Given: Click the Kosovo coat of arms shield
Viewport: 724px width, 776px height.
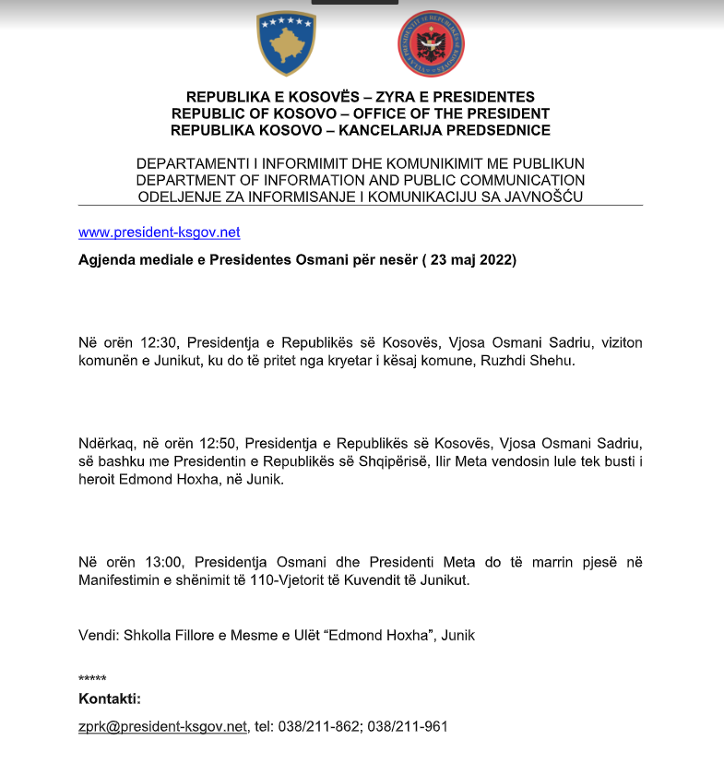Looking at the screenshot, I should point(286,44).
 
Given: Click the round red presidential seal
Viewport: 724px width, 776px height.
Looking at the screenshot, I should point(431,44).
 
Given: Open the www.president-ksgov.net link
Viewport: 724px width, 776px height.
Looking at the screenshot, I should point(159,233).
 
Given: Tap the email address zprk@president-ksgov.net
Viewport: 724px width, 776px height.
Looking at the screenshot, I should point(163,726).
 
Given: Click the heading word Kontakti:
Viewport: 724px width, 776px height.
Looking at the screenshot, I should point(110,698).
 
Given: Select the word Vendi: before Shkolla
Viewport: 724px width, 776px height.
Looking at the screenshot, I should point(98,635).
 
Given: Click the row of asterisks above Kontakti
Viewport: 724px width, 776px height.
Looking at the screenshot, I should point(92,679).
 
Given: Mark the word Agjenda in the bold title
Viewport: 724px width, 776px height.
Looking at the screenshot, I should point(104,260).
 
